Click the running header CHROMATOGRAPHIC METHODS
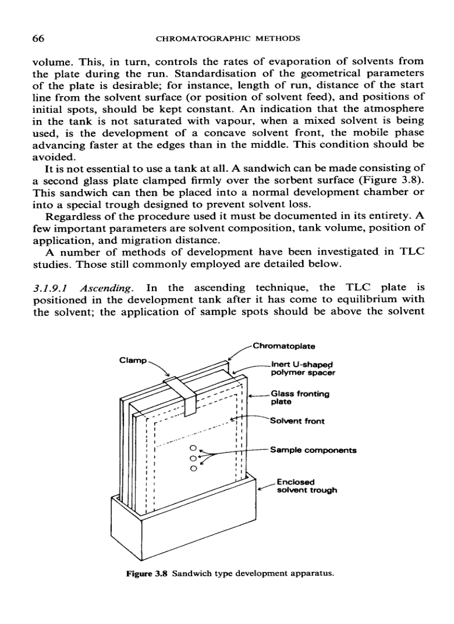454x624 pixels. point(228,39)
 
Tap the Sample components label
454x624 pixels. point(312,450)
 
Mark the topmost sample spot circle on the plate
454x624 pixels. point(193,448)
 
